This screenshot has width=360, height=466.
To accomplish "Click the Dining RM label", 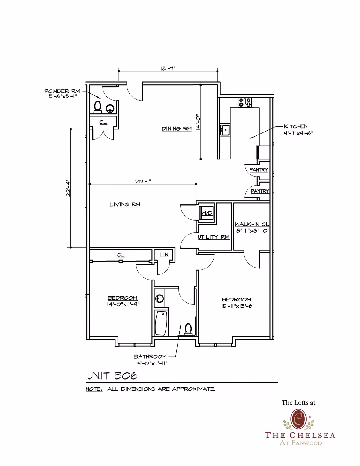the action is click(177, 129).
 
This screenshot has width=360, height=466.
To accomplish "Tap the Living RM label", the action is click(125, 204).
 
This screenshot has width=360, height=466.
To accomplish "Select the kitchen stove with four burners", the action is click(245, 102).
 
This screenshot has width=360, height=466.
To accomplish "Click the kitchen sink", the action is click(225, 130).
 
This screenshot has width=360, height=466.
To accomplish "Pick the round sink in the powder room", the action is click(110, 108).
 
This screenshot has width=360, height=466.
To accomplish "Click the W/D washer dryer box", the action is click(207, 213).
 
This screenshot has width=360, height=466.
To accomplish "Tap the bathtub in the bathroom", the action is click(161, 323).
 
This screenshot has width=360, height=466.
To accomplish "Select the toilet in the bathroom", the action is click(188, 329).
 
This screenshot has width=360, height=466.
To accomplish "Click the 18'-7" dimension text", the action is click(168, 68).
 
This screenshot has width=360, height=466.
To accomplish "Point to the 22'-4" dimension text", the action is click(68, 188).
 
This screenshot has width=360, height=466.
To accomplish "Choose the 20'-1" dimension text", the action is click(143, 181).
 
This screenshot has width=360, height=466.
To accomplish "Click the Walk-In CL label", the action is click(252, 224).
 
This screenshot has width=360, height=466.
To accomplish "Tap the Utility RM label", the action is click(214, 237).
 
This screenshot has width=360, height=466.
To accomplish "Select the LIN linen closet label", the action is click(164, 255).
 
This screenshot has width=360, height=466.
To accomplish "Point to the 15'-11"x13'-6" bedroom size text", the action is click(238, 306).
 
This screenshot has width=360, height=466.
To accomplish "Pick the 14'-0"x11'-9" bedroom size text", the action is click(123, 304).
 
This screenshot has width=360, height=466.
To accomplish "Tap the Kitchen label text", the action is click(296, 126).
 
